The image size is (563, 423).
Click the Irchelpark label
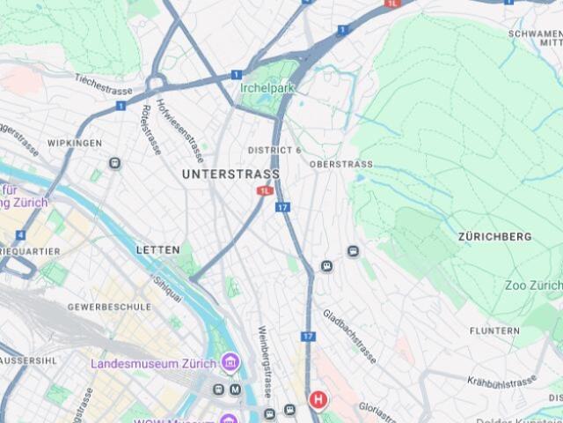point(268,87)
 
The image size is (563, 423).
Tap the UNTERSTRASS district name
point(230,174)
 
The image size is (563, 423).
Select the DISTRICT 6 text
point(274,151)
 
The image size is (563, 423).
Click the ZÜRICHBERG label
point(494,237)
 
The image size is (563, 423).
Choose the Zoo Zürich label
point(533,286)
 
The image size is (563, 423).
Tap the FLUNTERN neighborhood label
point(494,330)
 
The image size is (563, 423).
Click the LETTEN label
point(157,250)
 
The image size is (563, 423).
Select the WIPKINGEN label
point(74,143)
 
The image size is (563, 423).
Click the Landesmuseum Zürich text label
point(153,363)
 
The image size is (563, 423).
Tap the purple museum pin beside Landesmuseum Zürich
point(230,362)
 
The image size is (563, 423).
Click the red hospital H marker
point(318,400)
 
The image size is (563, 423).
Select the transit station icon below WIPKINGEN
point(114,163)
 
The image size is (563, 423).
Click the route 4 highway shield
point(20,235)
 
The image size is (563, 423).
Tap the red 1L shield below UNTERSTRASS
point(265,190)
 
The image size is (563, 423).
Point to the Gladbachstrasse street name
point(349,336)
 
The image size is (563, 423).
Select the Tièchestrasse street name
point(103,85)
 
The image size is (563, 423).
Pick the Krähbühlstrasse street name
point(502,382)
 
